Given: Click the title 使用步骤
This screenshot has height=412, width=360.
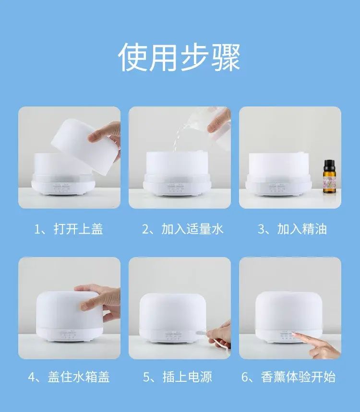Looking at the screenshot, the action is [x=180, y=57].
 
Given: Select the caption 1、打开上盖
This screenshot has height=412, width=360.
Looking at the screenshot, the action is [x=69, y=229].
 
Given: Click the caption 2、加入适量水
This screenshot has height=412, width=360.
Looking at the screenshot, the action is [x=182, y=229].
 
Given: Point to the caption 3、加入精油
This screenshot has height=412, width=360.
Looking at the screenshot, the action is [x=292, y=229].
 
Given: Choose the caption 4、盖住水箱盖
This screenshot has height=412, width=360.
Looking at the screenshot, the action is [x=69, y=377].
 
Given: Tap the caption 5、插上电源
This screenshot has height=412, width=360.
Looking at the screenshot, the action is [x=178, y=377].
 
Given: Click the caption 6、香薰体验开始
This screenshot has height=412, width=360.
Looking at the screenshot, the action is [x=289, y=377].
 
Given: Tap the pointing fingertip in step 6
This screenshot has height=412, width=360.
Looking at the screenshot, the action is [x=294, y=334].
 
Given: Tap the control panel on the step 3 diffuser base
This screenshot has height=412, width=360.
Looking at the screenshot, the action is [x=276, y=188].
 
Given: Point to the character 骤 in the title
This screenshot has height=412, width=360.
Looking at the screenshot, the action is [x=226, y=57].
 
